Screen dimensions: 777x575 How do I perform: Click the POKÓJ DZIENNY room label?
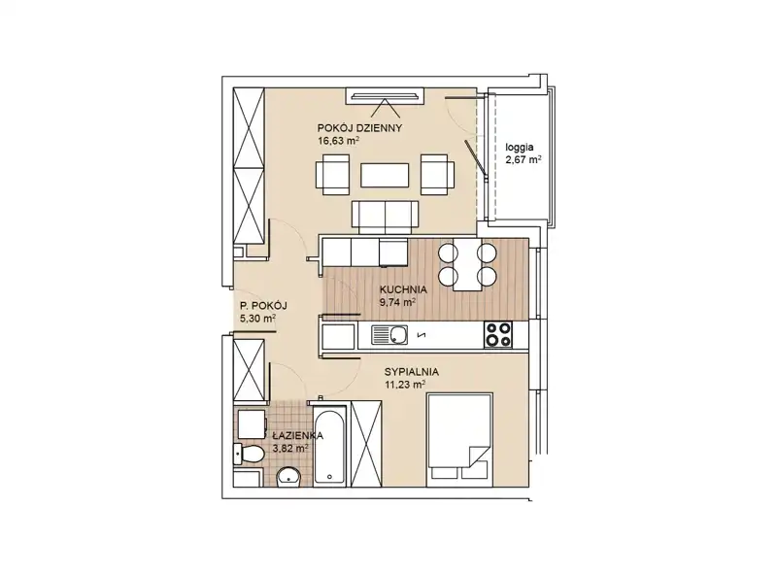click(x=359, y=128)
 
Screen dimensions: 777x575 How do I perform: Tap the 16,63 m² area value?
click(x=338, y=141)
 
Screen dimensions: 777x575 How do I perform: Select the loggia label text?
click(x=520, y=148)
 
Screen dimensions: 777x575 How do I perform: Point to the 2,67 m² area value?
click(x=524, y=160)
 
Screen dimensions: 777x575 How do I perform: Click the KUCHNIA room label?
click(x=403, y=289)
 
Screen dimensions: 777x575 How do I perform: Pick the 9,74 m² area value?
click(x=397, y=302)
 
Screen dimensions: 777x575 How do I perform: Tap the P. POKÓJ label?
click(x=263, y=306)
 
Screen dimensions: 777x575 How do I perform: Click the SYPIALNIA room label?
click(x=411, y=372)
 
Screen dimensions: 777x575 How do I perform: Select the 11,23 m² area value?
click(x=405, y=385)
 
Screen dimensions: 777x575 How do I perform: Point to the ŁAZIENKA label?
click(x=297, y=436)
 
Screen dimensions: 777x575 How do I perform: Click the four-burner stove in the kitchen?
click(x=498, y=334)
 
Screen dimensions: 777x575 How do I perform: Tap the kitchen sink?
click(x=389, y=335)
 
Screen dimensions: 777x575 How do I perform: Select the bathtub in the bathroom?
click(x=329, y=446)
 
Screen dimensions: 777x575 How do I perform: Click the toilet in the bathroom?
click(x=250, y=454)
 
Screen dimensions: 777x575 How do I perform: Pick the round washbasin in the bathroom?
click(x=287, y=477)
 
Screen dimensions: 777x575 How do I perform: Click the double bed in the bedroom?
click(x=459, y=440)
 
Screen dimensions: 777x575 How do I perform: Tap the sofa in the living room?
click(x=385, y=217)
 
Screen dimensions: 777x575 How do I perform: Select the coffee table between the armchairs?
click(x=385, y=176)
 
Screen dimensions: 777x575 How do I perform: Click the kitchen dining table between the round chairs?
click(x=467, y=264)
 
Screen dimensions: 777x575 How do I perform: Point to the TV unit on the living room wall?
click(x=385, y=96)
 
